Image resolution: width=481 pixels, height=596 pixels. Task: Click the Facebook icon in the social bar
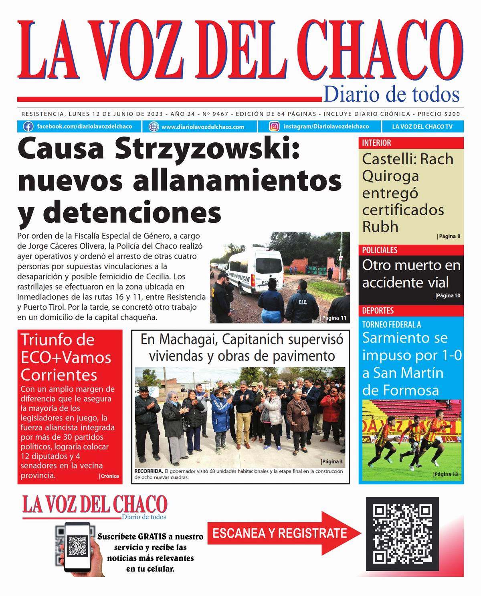point(28,127)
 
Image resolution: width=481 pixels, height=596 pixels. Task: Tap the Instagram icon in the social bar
point(274,127)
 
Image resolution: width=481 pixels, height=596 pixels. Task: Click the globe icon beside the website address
point(154,127)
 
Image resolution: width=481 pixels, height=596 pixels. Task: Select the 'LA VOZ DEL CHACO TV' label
point(422,127)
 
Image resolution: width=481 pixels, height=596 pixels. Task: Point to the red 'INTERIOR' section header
point(377,143)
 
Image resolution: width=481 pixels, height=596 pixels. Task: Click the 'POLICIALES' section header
point(380,250)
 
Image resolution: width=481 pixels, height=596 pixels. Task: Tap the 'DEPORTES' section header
point(378,311)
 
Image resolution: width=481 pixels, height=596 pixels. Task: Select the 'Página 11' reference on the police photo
point(334,318)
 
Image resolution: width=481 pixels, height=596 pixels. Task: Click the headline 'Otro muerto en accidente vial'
point(411,274)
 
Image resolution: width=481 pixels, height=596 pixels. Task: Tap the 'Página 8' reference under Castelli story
point(449,236)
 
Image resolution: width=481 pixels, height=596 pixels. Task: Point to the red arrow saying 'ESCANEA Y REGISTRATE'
point(283,533)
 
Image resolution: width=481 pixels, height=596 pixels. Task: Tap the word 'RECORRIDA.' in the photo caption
point(149,471)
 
